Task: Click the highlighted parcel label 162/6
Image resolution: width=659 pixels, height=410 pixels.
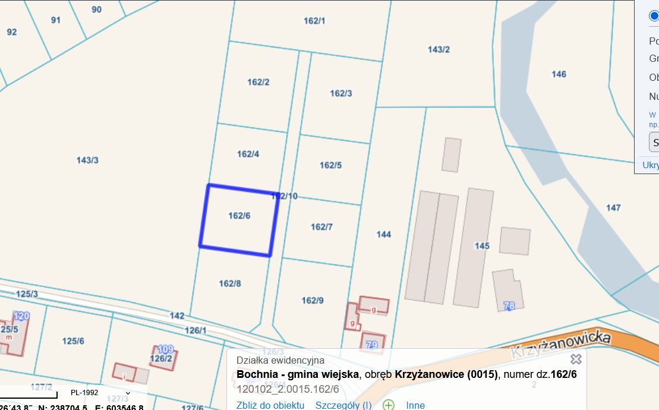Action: pos(239,216)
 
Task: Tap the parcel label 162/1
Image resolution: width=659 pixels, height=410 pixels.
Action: pos(314,21)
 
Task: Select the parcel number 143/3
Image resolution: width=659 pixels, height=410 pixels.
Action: pos(87,160)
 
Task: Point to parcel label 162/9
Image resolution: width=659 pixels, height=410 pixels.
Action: pos(313,301)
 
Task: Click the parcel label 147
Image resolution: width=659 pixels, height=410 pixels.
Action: pos(613,207)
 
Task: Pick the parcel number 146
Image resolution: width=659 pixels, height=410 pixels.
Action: pos(559,74)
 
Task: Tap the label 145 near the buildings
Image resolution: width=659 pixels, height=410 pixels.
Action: pos(482,245)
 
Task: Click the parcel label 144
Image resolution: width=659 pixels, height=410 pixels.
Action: pos(384,234)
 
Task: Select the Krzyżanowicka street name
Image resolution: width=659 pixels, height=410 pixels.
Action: pos(560,344)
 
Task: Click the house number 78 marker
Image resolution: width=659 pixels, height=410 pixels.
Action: pos(509,305)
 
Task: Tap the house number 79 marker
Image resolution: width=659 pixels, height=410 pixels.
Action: pos(372,345)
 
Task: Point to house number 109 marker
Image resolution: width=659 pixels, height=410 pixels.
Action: pos(165,349)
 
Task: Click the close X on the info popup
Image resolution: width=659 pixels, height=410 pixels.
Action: pos(576,359)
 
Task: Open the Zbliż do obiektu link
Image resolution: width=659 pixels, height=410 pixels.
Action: pos(270,405)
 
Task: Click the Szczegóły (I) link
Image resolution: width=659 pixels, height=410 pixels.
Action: pos(343,405)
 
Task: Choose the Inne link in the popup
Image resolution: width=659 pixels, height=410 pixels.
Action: pos(415,405)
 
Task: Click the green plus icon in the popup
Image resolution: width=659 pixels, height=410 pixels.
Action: pos(389,405)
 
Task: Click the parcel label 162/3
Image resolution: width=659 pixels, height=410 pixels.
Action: pos(341,93)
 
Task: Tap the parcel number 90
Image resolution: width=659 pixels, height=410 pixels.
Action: pos(96,10)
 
